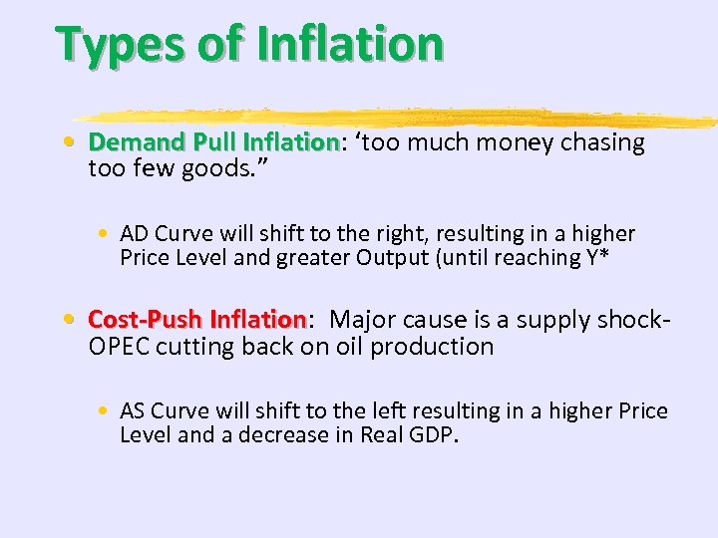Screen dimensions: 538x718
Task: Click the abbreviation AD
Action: (x=134, y=234)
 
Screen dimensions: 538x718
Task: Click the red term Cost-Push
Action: (x=147, y=320)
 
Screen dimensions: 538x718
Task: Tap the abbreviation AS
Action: (x=134, y=411)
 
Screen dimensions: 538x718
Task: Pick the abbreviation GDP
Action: (x=435, y=435)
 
